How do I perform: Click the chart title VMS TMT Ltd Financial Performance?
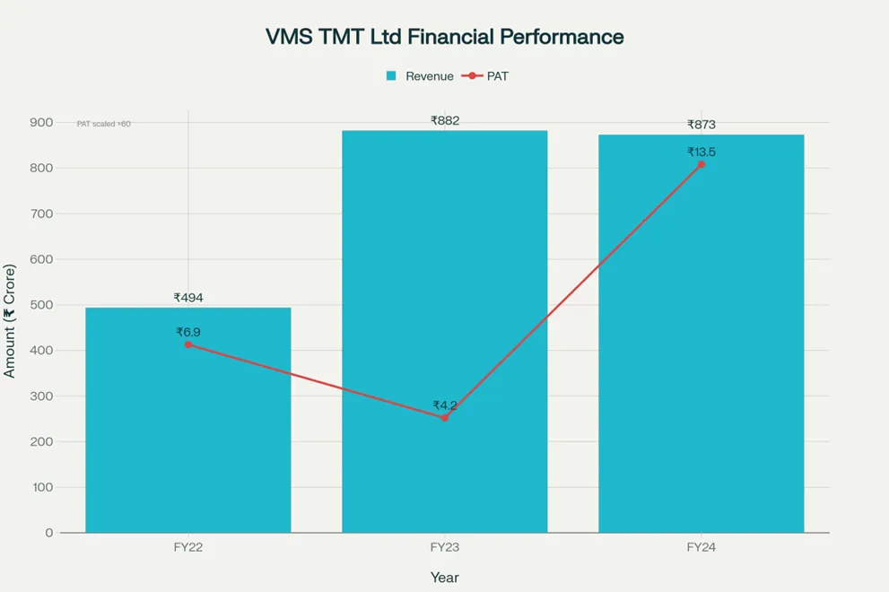(444, 37)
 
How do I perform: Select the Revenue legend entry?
(420, 76)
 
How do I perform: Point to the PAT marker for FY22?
(188, 344)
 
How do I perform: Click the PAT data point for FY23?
(444, 417)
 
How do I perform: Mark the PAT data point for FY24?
(701, 164)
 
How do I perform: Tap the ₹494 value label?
(188, 298)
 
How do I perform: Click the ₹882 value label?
(444, 120)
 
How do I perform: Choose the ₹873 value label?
(701, 125)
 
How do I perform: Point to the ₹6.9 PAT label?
(188, 332)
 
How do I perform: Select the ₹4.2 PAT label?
(444, 405)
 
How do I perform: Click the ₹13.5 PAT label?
(701, 152)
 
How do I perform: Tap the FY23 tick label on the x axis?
(444, 547)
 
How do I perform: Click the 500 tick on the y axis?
(41, 305)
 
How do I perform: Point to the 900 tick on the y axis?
(41, 122)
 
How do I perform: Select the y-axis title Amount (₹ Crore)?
(10, 320)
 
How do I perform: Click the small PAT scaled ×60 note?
(103, 124)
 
